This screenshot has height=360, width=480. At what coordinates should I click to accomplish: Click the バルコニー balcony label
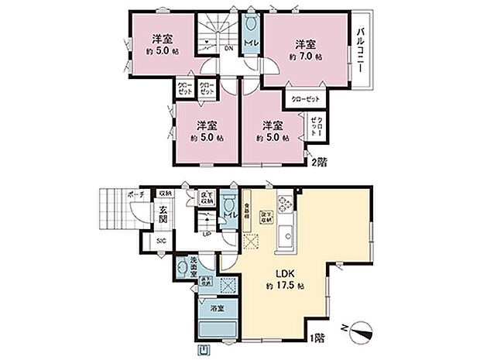click(361, 50)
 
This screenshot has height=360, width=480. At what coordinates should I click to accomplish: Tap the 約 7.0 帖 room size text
click(305, 57)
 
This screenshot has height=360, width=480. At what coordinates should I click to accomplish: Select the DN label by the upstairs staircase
click(229, 49)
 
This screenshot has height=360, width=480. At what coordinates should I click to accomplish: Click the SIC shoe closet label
click(160, 242)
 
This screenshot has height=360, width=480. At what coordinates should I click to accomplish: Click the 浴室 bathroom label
click(218, 308)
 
